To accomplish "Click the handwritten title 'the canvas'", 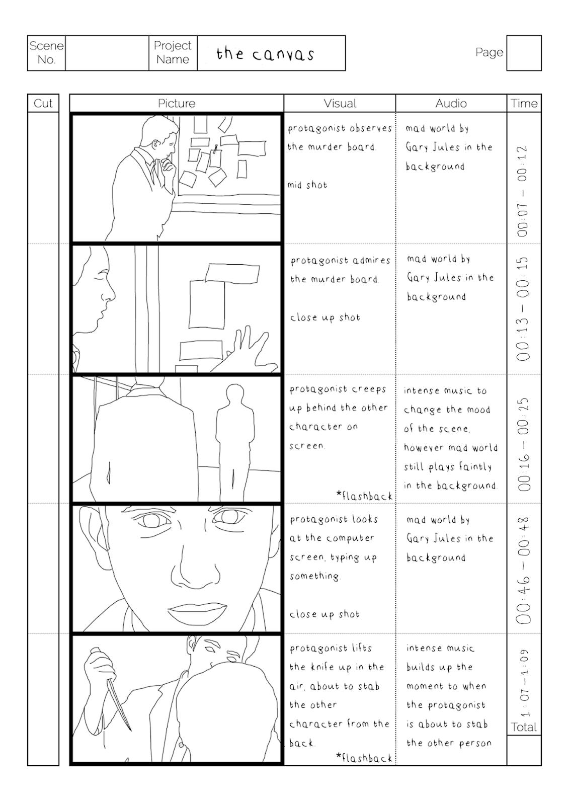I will [x=265, y=54].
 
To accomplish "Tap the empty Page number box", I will [x=524, y=53].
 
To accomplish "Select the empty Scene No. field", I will [x=107, y=53].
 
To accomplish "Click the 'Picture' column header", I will [x=177, y=103].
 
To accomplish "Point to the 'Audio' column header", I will [x=451, y=103].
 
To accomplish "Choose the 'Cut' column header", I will [x=43, y=103].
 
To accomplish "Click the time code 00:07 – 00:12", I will [x=523, y=191].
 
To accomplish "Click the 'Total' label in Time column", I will [x=524, y=727].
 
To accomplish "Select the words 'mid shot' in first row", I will [x=307, y=185].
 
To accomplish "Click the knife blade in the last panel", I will [x=119, y=703].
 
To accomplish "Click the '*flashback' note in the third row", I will [x=364, y=496].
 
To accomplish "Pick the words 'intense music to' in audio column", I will [x=445, y=391].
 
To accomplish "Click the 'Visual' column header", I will [x=340, y=103].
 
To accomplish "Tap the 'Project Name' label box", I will [x=173, y=53].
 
